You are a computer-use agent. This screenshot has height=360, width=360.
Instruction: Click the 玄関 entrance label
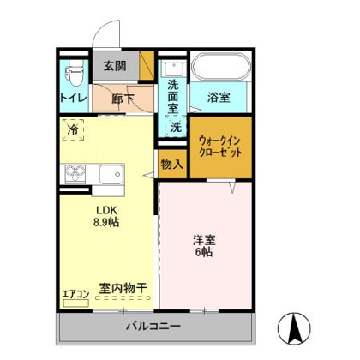click(x=116, y=65)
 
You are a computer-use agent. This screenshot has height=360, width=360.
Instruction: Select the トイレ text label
click(x=72, y=99)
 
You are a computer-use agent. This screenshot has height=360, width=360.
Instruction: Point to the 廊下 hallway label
click(x=125, y=99)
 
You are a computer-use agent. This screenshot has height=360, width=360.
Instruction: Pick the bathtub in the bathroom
click(x=218, y=68)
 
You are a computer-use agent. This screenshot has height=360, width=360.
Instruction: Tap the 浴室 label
click(x=219, y=99)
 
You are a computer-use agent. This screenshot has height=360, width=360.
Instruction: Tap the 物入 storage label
click(x=171, y=163)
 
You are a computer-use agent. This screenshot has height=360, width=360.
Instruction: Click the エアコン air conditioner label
click(x=75, y=296)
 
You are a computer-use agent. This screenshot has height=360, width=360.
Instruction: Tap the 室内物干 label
click(x=123, y=288)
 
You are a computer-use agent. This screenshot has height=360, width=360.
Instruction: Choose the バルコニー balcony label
click(x=153, y=327)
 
